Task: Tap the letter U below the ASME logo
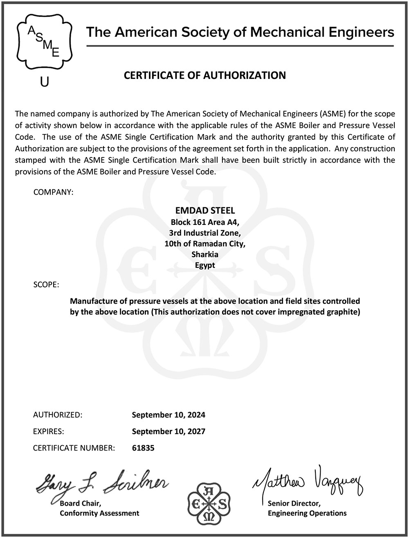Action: tap(45, 82)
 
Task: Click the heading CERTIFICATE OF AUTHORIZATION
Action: tap(204, 76)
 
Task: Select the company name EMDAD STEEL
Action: tap(204, 211)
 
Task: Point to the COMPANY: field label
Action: tap(53, 192)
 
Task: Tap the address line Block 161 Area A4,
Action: tap(204, 222)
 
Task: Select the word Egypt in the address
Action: tap(205, 265)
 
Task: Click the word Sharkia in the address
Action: tap(205, 254)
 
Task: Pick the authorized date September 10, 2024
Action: tap(169, 415)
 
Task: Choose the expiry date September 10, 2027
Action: tap(169, 431)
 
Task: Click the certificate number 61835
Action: tap(143, 448)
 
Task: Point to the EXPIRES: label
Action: tap(48, 431)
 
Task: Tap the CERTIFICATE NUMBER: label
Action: tap(74, 448)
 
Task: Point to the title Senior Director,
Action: tap(294, 503)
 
